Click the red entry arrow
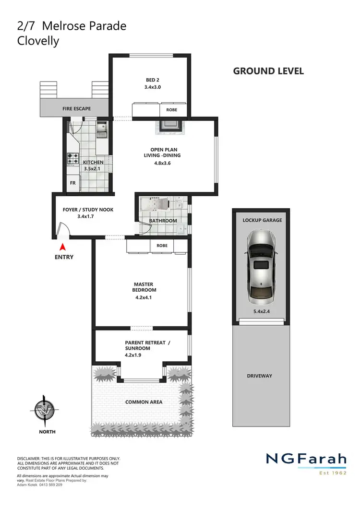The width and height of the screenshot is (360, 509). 62,247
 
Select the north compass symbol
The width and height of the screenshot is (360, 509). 43,411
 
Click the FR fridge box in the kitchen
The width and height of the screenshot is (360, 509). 73,183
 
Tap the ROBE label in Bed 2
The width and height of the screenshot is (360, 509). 171,110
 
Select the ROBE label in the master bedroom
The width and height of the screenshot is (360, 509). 162,246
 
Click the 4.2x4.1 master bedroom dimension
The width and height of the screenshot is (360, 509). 144,297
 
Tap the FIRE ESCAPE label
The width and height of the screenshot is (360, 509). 76,109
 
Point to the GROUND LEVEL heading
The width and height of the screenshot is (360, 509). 268,71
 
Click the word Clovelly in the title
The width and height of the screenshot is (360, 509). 38,41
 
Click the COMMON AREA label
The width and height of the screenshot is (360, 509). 144,402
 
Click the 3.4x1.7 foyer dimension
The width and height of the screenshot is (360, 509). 85,216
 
